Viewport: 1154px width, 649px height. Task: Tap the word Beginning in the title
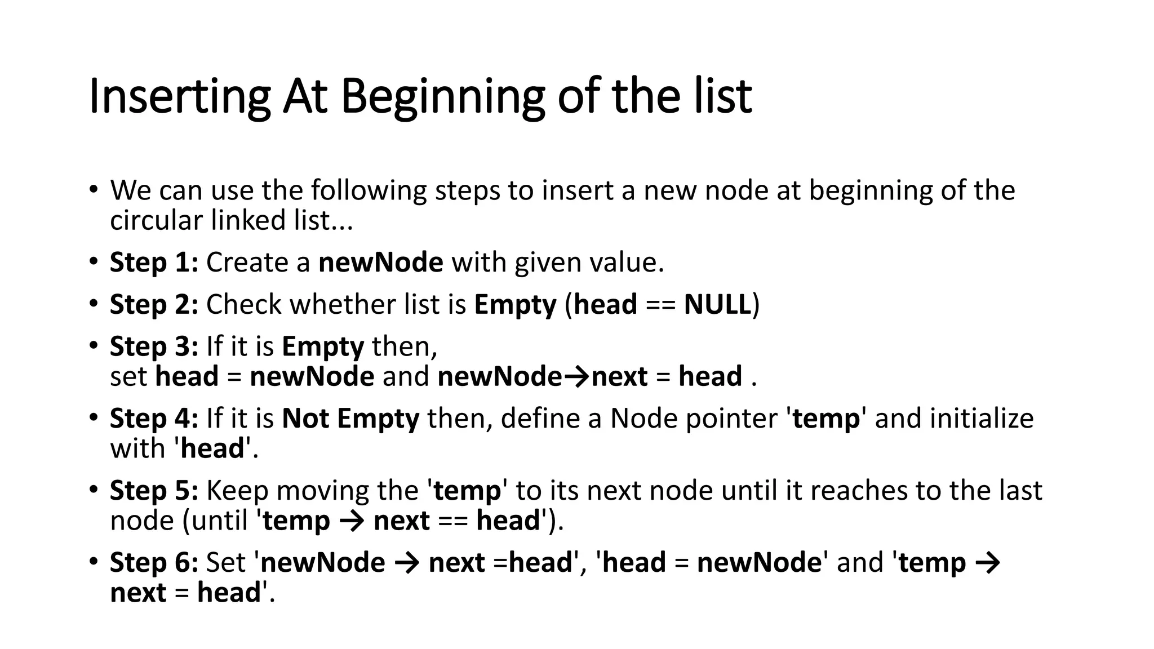[x=442, y=97]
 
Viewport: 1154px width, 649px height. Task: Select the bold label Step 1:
[x=154, y=263]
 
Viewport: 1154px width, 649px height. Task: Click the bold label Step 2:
[x=154, y=304]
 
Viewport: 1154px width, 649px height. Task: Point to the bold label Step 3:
[x=154, y=346]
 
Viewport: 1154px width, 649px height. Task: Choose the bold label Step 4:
[x=154, y=418]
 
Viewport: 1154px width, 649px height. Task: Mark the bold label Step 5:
[x=154, y=490]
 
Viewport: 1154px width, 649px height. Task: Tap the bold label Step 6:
[x=154, y=562]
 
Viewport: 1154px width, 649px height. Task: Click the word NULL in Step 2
[x=717, y=304]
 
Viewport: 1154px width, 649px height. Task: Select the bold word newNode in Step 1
[x=381, y=263]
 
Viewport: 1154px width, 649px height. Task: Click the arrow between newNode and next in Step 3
[x=576, y=377]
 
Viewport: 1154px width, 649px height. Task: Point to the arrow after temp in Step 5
[x=352, y=521]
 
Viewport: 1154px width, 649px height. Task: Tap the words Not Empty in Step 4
[x=350, y=418]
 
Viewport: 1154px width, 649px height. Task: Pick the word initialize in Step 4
[x=982, y=418]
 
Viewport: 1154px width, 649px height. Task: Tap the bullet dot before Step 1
[x=93, y=261]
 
